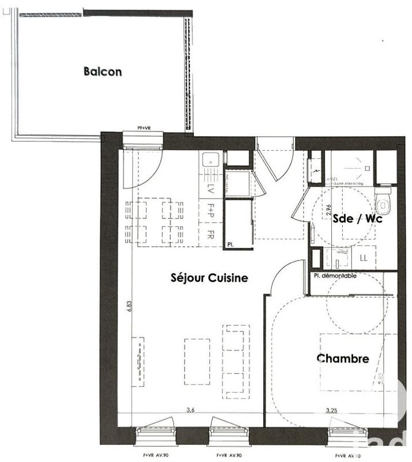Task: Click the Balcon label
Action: click(x=103, y=72)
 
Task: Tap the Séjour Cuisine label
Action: click(x=209, y=278)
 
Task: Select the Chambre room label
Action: click(x=343, y=359)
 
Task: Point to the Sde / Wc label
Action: click(x=358, y=218)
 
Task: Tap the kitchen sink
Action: click(x=211, y=158)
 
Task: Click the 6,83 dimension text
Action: click(x=130, y=305)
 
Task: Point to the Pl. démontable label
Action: click(x=335, y=276)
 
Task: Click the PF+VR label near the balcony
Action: click(x=144, y=128)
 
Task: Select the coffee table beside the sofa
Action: click(x=197, y=361)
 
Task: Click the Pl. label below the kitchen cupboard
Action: click(x=231, y=244)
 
